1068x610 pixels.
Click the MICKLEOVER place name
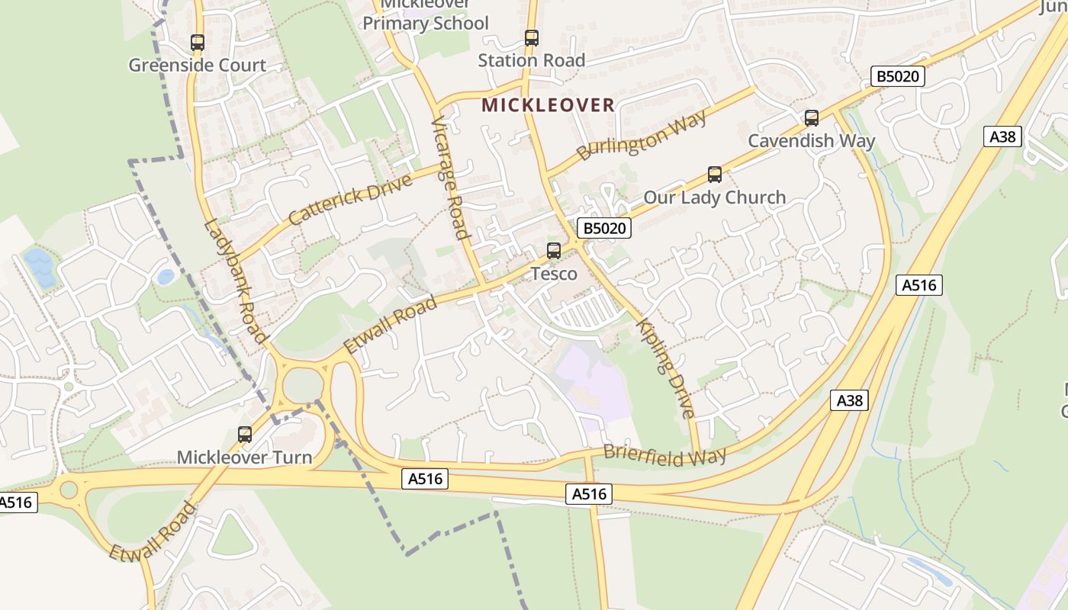(548, 105)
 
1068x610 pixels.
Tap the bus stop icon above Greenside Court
(198, 43)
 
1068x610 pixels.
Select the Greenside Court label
(197, 65)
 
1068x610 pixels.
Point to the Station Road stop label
(531, 60)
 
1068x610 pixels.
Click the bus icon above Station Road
(531, 37)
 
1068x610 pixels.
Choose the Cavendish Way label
(811, 140)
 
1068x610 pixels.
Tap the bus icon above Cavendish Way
(812, 118)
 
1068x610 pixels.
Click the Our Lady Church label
(714, 197)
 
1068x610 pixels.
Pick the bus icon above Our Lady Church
(715, 175)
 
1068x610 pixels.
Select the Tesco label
(554, 273)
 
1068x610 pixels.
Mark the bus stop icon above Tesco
(554, 250)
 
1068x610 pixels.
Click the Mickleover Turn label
(244, 457)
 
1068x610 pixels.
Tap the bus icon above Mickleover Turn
(245, 435)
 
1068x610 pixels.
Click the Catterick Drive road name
(350, 199)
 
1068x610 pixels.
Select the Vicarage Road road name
(450, 178)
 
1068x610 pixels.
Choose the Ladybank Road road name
(236, 281)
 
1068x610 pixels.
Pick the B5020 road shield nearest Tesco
(603, 228)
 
